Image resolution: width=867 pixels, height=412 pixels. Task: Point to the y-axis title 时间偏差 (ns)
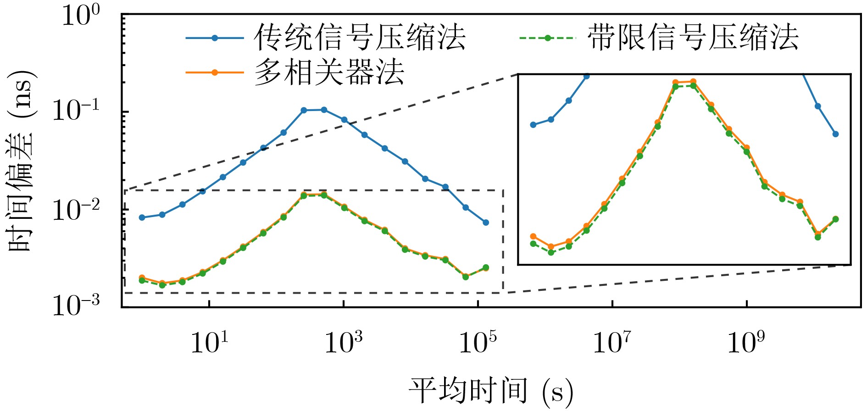[21, 161]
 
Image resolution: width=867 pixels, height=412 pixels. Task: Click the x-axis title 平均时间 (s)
[491, 391]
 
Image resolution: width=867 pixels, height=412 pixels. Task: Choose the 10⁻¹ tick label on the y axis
[76, 111]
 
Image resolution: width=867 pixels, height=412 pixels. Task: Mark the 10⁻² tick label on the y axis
[76, 210]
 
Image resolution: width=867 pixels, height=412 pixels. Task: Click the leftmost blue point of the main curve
[142, 217]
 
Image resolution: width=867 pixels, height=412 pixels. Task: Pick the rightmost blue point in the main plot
[486, 223]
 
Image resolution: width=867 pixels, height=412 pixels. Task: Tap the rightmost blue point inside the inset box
[835, 134]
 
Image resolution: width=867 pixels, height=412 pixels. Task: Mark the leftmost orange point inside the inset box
[533, 236]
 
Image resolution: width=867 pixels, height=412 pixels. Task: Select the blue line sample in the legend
[214, 38]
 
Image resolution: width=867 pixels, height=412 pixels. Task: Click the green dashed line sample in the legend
[547, 38]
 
